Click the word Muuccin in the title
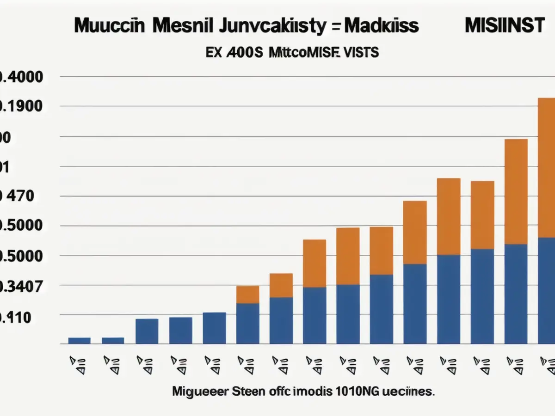point(109,26)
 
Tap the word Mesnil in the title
point(183,26)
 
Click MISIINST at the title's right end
point(505,26)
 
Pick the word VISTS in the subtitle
point(359,53)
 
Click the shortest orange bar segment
point(247,294)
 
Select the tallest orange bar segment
point(547,168)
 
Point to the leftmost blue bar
point(80,341)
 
